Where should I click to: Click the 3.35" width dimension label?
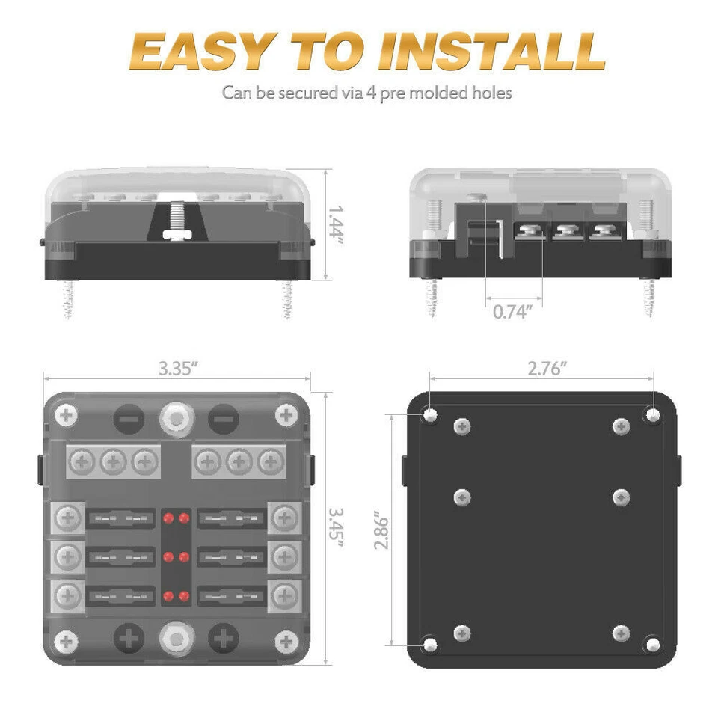point(179,369)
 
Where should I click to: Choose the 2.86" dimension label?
point(381,531)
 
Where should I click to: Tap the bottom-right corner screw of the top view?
point(286,641)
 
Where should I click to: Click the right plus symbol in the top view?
point(222,639)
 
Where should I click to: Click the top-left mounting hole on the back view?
point(432,415)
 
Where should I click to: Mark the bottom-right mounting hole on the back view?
point(653,642)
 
